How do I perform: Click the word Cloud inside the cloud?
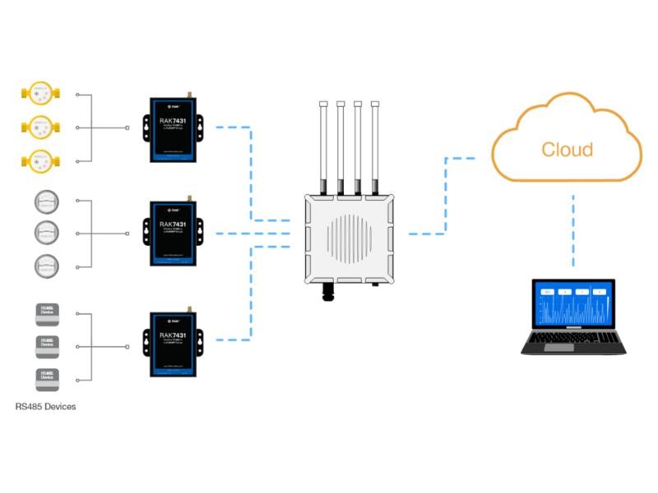click(567, 150)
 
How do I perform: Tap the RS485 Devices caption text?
click(46, 407)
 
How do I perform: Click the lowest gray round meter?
click(46, 265)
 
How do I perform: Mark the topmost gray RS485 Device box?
click(48, 313)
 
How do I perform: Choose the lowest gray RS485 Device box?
click(48, 377)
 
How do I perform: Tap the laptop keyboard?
click(573, 339)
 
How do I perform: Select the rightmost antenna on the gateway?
click(375, 148)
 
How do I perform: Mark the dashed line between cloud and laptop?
click(572, 230)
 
